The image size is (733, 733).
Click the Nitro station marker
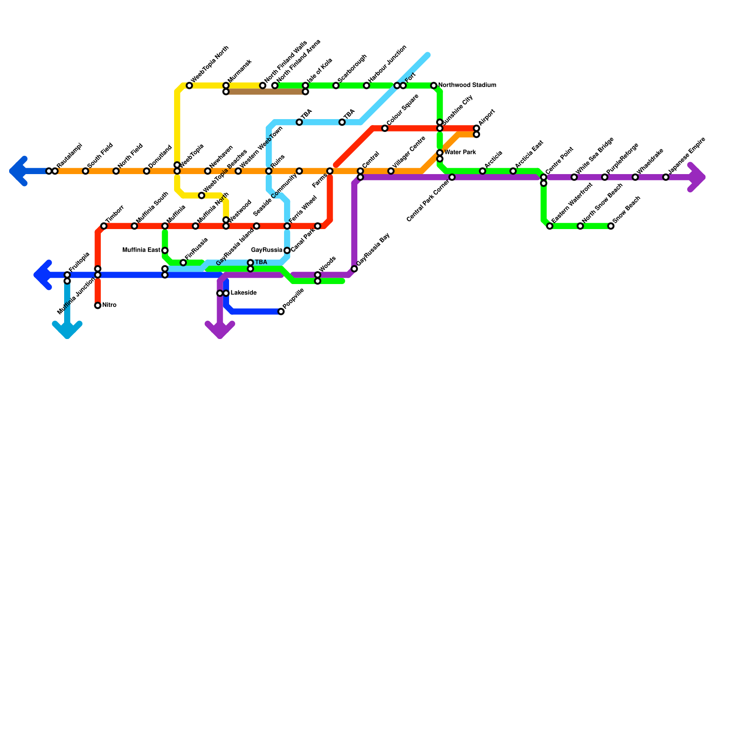[98, 306]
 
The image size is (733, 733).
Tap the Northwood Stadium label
[467, 85]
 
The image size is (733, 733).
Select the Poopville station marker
[281, 312]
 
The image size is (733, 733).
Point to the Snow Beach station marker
[611, 226]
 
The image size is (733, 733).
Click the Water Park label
[460, 152]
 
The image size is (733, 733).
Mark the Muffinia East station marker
[165, 251]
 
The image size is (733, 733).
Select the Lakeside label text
[243, 293]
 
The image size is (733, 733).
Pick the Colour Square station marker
[385, 128]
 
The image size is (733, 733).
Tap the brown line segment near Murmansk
[266, 92]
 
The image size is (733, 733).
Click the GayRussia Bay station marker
[354, 269]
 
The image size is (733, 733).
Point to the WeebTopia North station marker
[189, 86]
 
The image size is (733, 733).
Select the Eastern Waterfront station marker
[550, 226]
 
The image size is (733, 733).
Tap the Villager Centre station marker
[391, 171]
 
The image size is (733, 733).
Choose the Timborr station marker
[104, 226]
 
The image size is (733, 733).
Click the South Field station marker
[86, 171]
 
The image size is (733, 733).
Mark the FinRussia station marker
[183, 263]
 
